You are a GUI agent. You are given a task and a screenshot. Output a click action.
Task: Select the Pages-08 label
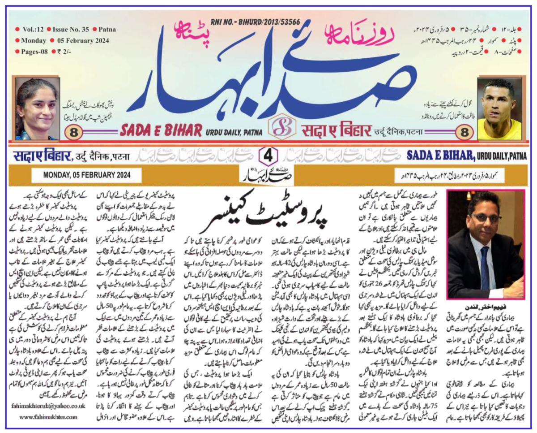pos(34,52)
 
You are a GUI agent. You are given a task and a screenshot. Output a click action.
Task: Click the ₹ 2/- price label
pos(65,52)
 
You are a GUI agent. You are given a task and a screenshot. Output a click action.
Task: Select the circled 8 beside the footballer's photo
pos(463,132)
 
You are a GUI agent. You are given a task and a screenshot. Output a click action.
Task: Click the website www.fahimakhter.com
pos(48,417)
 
